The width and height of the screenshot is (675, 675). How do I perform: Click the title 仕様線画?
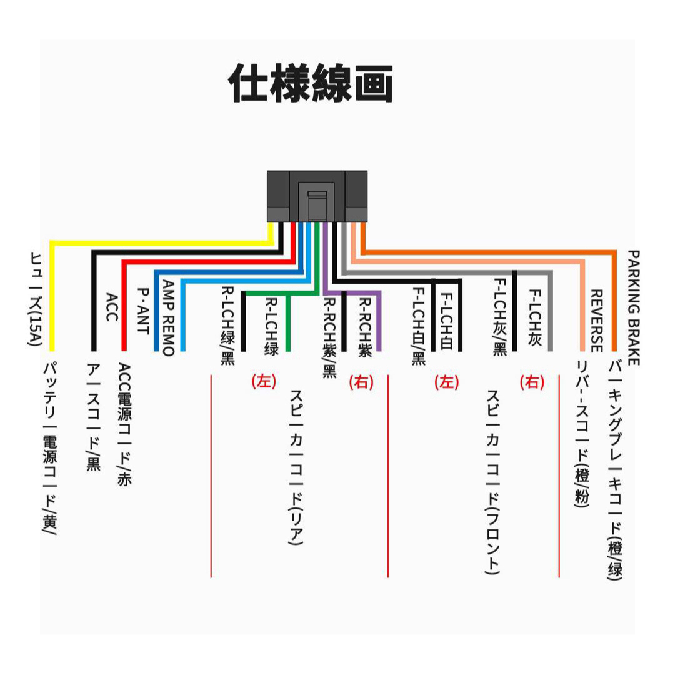pos(311,83)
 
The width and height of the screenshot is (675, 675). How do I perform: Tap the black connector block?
pos(317,196)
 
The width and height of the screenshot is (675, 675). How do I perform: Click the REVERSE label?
pos(596,321)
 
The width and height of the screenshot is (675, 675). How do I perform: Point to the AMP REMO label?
pos(168,318)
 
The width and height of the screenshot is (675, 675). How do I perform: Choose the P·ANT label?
pos(143,311)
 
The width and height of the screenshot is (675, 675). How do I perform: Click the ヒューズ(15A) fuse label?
pos(36,299)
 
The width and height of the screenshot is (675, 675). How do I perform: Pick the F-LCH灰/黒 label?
pos(500,317)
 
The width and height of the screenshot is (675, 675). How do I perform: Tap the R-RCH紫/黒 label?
pos(329,338)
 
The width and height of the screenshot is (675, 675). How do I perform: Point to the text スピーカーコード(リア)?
pos(296,467)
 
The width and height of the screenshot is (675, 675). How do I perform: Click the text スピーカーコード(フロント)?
pos(492,482)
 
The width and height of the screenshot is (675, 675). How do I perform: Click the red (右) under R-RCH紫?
pos(362,382)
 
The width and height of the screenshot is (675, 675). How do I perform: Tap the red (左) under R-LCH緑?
pos(264,381)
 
